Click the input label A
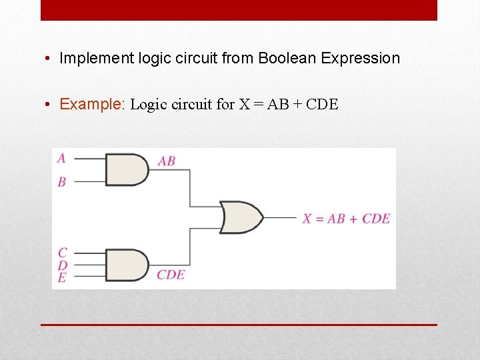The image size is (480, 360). point(61,158)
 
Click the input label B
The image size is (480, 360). point(62,181)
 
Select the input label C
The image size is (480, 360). point(62,253)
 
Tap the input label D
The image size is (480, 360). point(62,265)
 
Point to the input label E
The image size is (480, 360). point(62,277)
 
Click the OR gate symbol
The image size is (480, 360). point(241,217)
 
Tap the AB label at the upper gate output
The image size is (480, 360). point(167,161)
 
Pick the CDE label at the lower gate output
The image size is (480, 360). point(171,274)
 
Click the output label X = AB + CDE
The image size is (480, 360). point(346,218)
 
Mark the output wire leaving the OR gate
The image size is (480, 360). point(280,217)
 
